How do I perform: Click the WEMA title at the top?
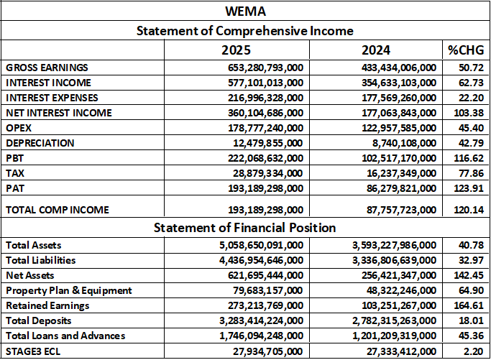click(245, 12)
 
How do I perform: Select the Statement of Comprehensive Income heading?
click(245, 31)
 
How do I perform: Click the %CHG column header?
click(465, 51)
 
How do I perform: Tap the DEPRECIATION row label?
click(40, 143)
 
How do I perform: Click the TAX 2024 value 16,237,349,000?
click(398, 173)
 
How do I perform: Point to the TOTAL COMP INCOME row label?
click(58, 210)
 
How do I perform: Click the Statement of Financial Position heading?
click(245, 228)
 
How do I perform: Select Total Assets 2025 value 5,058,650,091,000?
click(257, 245)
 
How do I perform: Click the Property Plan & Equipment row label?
click(69, 290)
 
